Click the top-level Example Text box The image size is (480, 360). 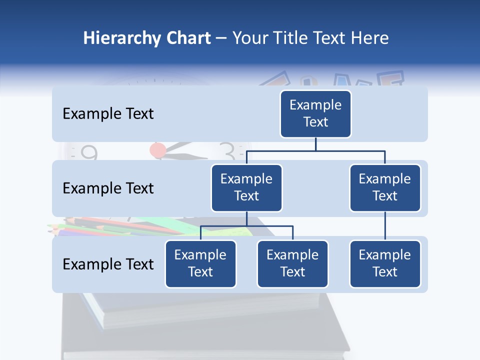(x=315, y=113)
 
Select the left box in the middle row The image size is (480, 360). (x=246, y=187)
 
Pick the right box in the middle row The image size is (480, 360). (x=385, y=187)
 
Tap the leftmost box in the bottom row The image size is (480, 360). (x=200, y=263)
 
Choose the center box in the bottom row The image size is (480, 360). (x=292, y=263)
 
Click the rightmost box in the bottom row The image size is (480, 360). (x=385, y=263)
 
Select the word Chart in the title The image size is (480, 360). (x=186, y=38)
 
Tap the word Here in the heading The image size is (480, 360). (x=370, y=38)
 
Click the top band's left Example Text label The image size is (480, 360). (x=108, y=113)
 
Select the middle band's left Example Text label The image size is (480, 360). (x=108, y=188)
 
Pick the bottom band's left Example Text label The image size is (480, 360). (x=108, y=264)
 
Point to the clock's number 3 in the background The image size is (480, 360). (x=227, y=150)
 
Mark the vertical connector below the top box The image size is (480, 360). (x=315, y=144)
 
